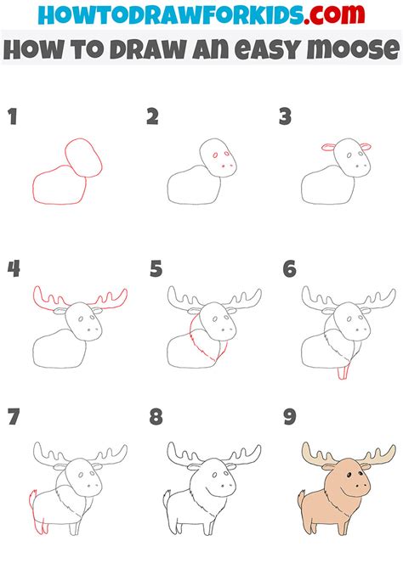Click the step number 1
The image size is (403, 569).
tap(13, 116)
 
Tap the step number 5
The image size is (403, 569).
tap(156, 269)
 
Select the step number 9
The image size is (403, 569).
tap(290, 417)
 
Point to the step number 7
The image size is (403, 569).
tap(14, 417)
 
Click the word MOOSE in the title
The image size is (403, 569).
tap(353, 49)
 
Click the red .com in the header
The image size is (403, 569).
tap(334, 14)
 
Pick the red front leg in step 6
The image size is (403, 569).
tap(343, 371)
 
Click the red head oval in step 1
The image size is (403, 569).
tap(83, 157)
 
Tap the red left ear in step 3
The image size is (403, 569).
tap(329, 147)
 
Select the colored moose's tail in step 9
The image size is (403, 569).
tap(301, 499)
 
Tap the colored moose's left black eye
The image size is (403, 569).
tap(349, 476)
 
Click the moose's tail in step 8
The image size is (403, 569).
tap(167, 499)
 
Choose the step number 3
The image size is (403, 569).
tap(286, 116)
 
